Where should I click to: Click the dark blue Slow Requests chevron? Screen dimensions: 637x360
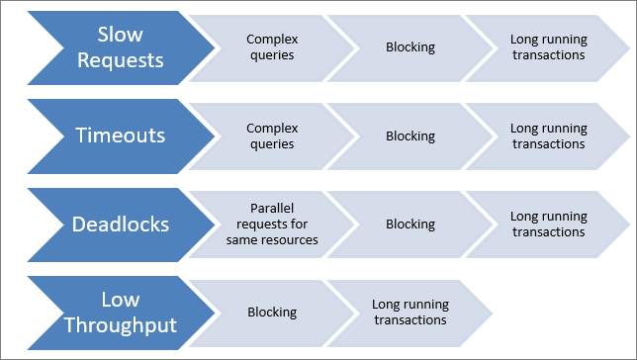click(122, 47)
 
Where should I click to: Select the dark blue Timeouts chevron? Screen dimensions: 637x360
click(122, 136)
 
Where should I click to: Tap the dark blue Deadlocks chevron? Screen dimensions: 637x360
click(122, 225)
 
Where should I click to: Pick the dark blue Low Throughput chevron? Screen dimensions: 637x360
click(122, 313)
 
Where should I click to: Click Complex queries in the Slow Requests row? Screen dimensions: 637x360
click(272, 47)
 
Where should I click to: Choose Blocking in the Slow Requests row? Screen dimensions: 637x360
click(410, 47)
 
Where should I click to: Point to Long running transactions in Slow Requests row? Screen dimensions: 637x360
click(548, 47)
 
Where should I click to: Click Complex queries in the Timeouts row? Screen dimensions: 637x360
click(272, 136)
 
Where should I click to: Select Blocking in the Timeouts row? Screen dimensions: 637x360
click(410, 136)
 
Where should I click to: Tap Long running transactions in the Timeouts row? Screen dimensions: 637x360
click(548, 136)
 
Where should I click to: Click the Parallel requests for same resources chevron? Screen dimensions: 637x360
click(272, 225)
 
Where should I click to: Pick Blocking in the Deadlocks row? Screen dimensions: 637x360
click(410, 225)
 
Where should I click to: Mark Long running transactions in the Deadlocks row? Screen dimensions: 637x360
click(548, 225)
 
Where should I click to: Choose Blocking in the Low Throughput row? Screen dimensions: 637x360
click(272, 313)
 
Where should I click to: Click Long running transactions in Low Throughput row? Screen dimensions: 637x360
click(410, 313)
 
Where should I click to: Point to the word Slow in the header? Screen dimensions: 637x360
click(121, 35)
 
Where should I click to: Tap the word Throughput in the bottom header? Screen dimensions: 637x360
click(121, 325)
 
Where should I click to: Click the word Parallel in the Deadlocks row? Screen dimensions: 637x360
click(272, 208)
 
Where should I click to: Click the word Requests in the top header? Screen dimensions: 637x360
click(121, 61)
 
